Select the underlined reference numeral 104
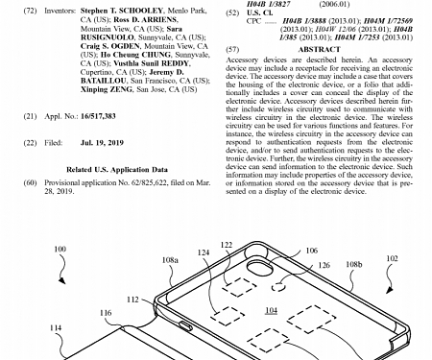pyautogui.click(x=272, y=312)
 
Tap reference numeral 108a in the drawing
pyautogui.click(x=171, y=259)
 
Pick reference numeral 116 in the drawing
pyautogui.click(x=105, y=312)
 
